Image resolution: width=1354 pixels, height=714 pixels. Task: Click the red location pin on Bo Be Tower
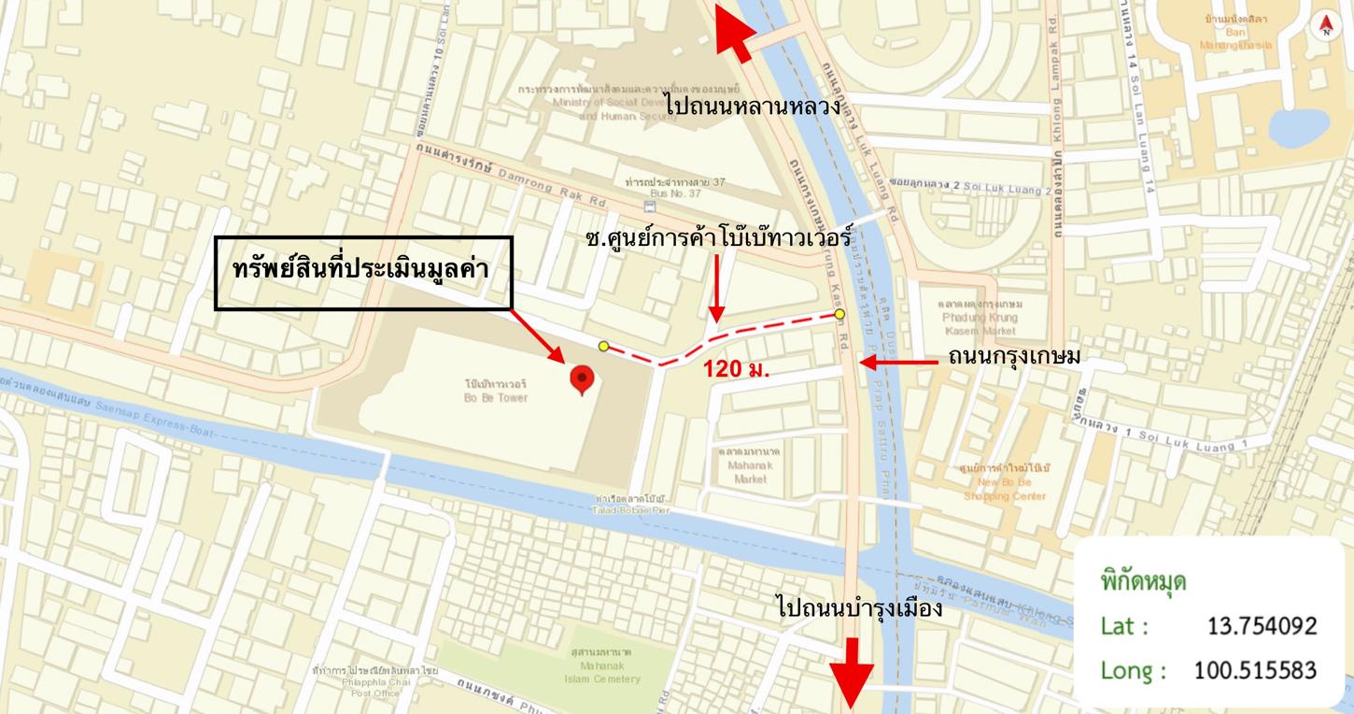coord(583,379)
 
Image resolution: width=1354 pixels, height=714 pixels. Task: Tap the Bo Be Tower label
coord(496,391)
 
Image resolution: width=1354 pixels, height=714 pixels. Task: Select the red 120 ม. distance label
coord(736,368)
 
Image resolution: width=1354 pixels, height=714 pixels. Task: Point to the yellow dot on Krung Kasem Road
coord(839,314)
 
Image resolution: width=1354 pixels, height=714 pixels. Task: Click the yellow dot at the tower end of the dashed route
coord(603,346)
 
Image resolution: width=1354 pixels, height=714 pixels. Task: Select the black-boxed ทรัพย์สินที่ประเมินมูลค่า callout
coord(364,272)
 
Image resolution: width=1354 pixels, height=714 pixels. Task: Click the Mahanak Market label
coord(750,464)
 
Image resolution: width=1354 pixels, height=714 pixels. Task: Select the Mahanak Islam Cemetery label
coord(603,665)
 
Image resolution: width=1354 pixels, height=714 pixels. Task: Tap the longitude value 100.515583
coord(1255,670)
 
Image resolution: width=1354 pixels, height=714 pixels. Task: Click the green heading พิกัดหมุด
coord(1143,581)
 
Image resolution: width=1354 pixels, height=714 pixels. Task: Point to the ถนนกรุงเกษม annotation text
coord(1013,356)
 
